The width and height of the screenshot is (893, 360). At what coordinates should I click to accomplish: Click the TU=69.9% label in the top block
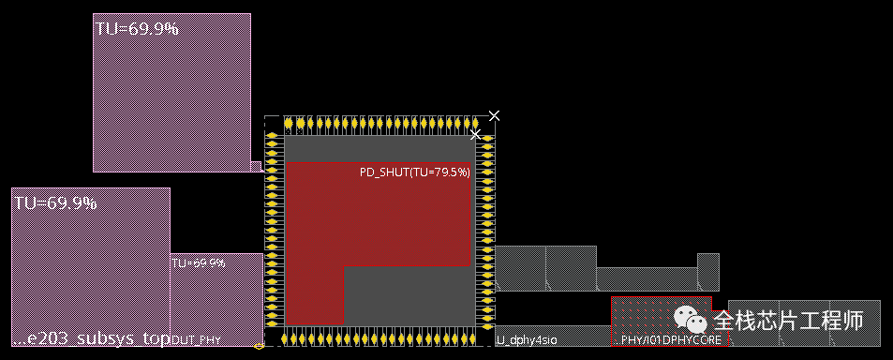(137, 28)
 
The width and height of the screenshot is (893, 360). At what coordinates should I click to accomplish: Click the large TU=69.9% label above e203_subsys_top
(55, 202)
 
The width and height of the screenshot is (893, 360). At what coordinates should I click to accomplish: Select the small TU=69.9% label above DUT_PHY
(198, 263)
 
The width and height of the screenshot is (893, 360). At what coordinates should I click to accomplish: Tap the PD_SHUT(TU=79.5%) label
(415, 172)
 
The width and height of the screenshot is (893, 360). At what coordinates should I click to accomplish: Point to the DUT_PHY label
(196, 340)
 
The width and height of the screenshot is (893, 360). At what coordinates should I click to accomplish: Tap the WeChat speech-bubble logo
(692, 322)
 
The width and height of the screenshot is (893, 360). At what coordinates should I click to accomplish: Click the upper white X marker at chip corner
(494, 115)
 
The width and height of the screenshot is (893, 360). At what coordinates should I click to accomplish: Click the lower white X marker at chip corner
(475, 135)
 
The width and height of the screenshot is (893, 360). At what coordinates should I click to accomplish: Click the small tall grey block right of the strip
(708, 271)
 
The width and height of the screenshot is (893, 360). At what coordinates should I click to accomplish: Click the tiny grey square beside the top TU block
(256, 167)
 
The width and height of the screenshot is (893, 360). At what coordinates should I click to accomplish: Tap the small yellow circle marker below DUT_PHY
(259, 346)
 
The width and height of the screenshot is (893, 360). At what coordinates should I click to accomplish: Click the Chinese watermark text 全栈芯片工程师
(787, 322)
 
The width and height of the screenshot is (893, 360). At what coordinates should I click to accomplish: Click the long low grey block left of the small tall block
(647, 279)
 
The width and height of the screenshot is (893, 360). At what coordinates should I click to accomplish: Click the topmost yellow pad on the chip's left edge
(273, 137)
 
